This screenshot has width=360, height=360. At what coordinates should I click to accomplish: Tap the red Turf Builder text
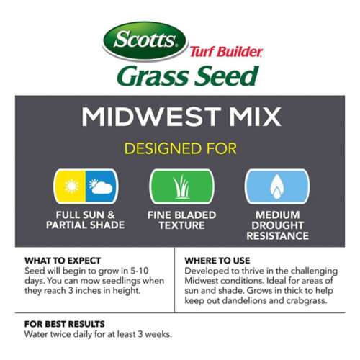coord(226,52)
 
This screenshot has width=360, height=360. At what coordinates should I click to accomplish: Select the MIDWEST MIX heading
coord(180,116)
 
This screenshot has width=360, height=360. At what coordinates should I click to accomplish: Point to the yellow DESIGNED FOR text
coord(180,149)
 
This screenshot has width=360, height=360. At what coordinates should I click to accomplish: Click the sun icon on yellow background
coord(71,187)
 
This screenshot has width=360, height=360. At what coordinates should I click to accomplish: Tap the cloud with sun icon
coord(101,187)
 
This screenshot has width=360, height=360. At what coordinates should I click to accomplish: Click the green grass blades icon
coord(181,187)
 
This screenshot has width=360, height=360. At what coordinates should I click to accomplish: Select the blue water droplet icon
coord(276,187)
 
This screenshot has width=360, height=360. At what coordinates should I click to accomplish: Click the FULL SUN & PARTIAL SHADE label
coord(86,220)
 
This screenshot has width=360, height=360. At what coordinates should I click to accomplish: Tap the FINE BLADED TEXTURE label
coord(181,220)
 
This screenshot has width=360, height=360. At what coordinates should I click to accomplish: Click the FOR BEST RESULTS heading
coord(64,324)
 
